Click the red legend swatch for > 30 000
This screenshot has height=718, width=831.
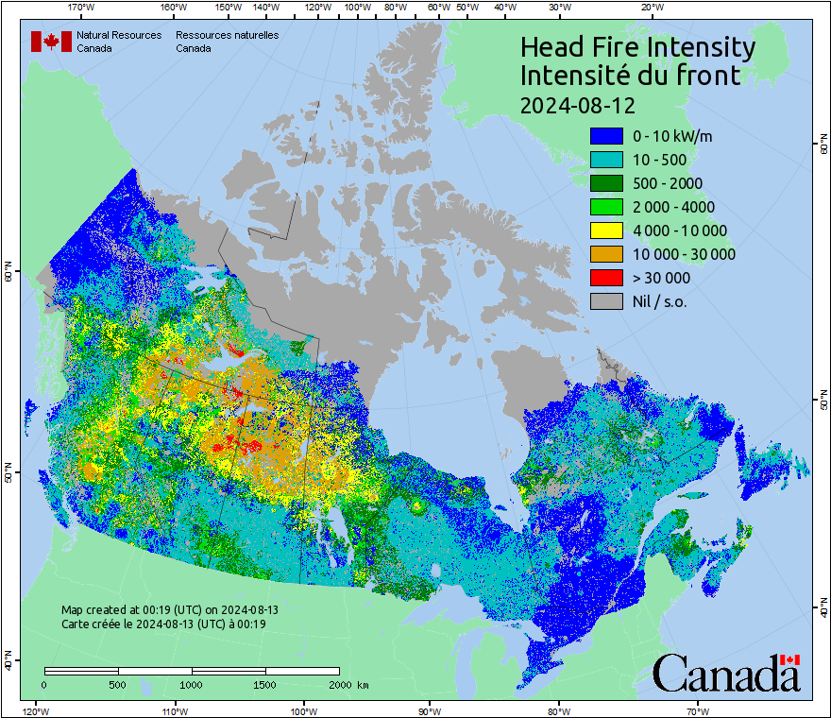(606, 278)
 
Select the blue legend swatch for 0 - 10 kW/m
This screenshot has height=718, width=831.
(606, 136)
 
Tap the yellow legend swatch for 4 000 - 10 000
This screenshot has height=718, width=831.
(606, 231)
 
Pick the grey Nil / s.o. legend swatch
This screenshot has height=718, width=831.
(606, 301)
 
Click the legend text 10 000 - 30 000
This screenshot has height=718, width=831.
(684, 254)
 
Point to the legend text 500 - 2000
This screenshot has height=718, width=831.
(668, 183)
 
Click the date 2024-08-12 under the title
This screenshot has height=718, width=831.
(577, 104)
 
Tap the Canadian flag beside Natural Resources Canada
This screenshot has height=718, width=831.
(51, 42)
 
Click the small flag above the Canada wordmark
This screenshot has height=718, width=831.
(790, 659)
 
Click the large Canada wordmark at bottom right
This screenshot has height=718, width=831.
(725, 675)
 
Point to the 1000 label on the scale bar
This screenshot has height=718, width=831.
(192, 684)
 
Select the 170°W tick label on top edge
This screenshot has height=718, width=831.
(82, 7)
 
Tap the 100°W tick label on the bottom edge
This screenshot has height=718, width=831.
(303, 710)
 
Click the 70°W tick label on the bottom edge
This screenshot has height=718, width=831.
(698, 710)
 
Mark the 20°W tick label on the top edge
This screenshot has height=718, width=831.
(651, 7)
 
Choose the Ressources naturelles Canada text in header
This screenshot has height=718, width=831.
(227, 42)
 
